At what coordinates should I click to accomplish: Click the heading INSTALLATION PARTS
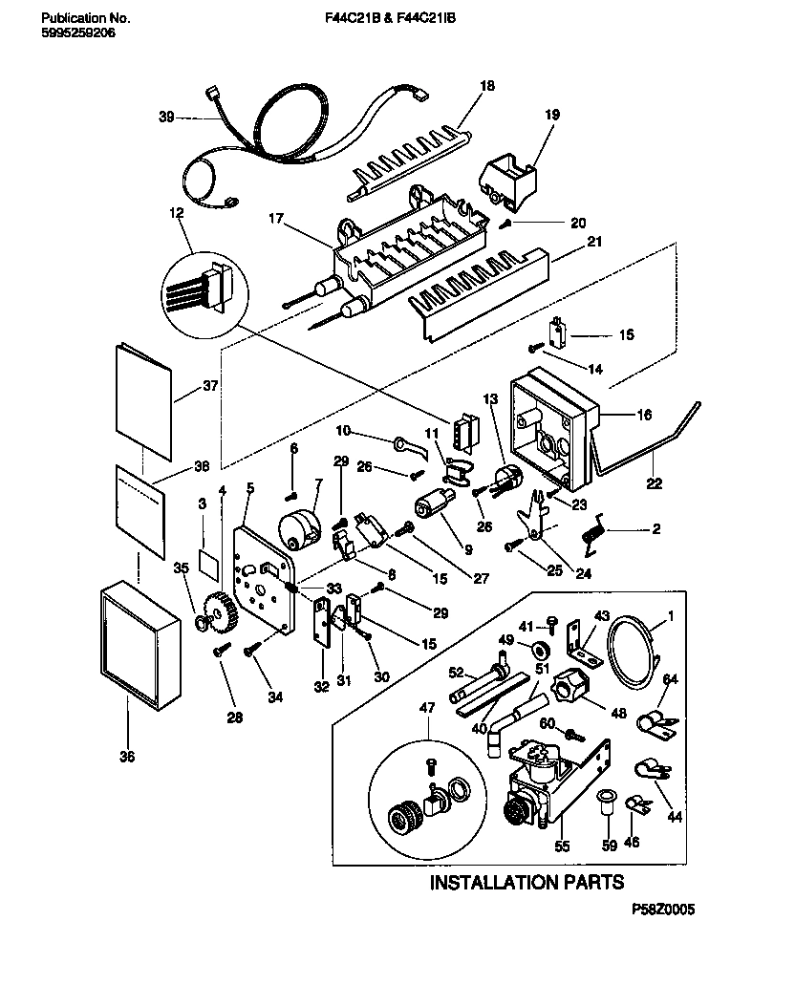point(526,882)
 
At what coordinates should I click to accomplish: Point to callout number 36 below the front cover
point(127,757)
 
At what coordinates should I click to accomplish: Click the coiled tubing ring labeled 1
point(634,652)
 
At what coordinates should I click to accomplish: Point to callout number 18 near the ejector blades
point(487,86)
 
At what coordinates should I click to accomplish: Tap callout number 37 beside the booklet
point(210,386)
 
